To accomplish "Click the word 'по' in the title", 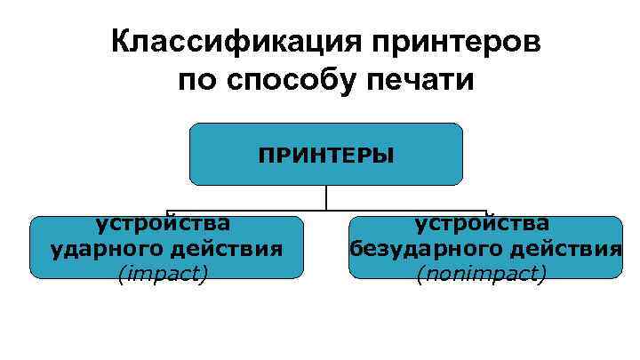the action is click(x=197, y=82).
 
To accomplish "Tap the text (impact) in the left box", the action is click(x=163, y=275).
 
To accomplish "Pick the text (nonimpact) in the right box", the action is click(x=481, y=275).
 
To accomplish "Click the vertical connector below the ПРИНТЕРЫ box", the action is click(x=326, y=197).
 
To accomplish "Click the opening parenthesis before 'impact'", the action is click(x=120, y=275).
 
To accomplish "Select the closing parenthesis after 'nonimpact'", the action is click(x=542, y=275).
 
